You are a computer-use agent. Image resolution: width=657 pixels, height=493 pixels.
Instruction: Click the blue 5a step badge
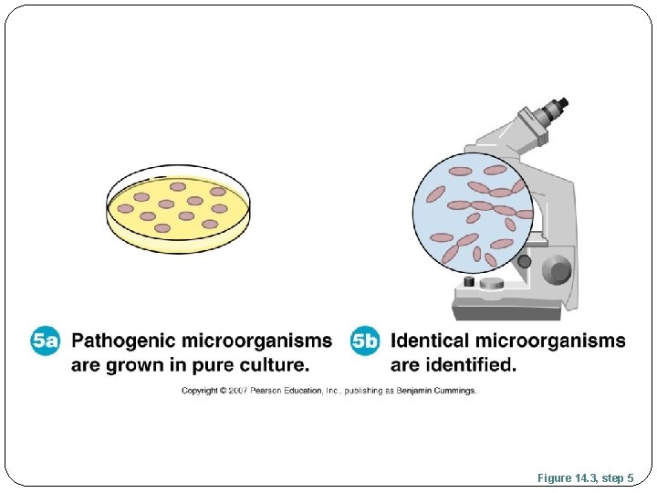point(45,341)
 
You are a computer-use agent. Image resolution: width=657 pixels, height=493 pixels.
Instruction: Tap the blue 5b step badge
point(365,341)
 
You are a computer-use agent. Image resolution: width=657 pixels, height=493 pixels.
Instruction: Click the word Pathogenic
point(124,341)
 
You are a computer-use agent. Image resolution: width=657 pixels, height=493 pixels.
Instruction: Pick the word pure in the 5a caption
point(205,365)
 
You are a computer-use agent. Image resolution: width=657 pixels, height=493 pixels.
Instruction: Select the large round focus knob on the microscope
point(555,270)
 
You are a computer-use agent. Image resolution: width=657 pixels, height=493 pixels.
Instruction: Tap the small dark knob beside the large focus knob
point(524,262)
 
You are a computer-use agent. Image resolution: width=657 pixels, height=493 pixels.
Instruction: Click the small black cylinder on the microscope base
point(469,281)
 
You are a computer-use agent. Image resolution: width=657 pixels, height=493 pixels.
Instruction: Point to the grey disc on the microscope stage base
point(492,284)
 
